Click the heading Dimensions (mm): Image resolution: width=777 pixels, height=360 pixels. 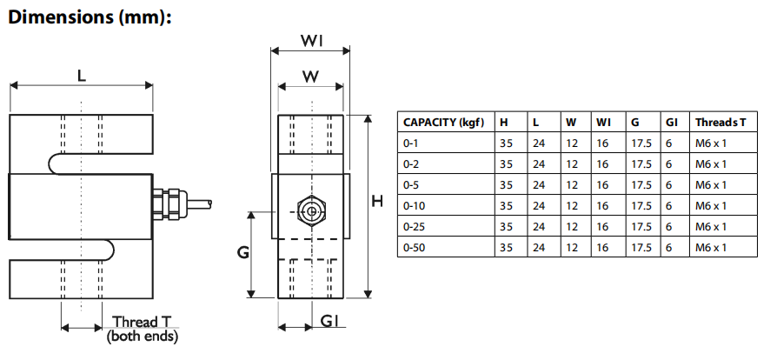87,17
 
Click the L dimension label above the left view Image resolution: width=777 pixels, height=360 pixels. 82,76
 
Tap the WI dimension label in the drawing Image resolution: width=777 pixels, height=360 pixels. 312,41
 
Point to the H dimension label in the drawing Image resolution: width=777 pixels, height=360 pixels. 377,201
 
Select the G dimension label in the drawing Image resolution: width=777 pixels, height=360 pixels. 244,253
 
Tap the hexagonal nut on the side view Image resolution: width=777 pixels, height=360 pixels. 309,210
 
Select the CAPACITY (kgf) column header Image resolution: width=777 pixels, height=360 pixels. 443,122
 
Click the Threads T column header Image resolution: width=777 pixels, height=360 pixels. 721,122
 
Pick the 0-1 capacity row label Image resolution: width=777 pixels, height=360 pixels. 411,143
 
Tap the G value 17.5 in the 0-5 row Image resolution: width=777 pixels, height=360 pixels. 641,184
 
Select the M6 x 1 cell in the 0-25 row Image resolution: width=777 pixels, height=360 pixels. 711,226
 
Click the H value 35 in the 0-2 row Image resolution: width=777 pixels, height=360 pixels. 506,163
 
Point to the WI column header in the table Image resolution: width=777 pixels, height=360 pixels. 603,122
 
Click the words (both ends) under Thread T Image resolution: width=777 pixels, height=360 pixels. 142,336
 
